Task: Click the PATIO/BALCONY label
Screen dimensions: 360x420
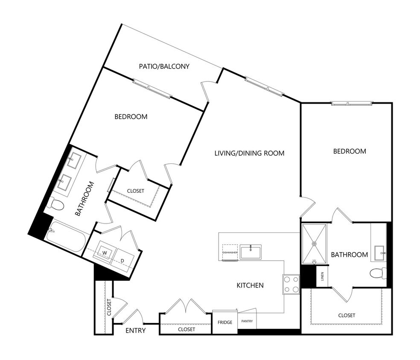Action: point(164,67)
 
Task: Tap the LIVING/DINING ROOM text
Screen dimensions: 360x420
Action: point(249,153)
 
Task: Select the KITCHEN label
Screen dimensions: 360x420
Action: point(250,285)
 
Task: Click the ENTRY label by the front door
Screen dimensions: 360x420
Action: point(136,331)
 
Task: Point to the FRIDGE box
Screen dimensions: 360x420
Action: point(225,322)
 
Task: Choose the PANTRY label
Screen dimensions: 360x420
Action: point(247,321)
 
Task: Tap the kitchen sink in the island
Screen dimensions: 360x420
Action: point(251,252)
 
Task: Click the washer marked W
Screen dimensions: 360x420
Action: point(104,253)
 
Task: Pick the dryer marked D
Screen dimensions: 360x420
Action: point(122,260)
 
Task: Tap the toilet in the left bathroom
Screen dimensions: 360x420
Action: point(55,204)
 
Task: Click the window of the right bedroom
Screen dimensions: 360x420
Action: point(352,103)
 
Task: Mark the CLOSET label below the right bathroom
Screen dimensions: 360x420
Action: point(346,315)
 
